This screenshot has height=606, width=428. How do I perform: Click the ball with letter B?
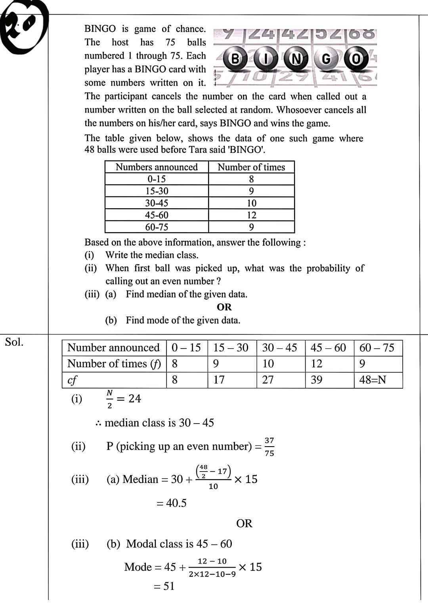click(x=235, y=59)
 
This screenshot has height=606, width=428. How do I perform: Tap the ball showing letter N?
click(x=296, y=59)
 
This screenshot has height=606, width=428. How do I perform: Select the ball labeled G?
click(x=326, y=59)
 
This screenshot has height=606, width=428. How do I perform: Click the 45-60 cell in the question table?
click(x=157, y=215)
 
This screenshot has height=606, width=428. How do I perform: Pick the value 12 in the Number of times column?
click(x=251, y=215)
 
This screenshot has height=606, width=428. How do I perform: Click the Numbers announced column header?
click(x=157, y=167)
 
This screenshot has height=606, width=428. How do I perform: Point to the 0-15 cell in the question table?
click(x=157, y=179)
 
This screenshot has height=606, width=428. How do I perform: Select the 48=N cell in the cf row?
click(x=373, y=380)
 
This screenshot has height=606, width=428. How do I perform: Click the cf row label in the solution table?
click(x=72, y=380)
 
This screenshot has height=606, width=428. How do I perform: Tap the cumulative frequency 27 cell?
click(x=268, y=380)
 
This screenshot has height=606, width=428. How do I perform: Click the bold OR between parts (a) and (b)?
click(x=224, y=307)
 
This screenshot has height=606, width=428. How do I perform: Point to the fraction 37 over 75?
click(x=269, y=447)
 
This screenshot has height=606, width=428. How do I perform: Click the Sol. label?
click(x=14, y=342)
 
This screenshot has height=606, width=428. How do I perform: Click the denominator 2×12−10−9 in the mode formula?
click(x=212, y=574)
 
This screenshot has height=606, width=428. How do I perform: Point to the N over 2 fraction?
click(x=110, y=399)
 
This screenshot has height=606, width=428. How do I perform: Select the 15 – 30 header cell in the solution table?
click(x=231, y=348)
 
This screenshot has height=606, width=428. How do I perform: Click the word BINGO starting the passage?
click(x=100, y=29)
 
